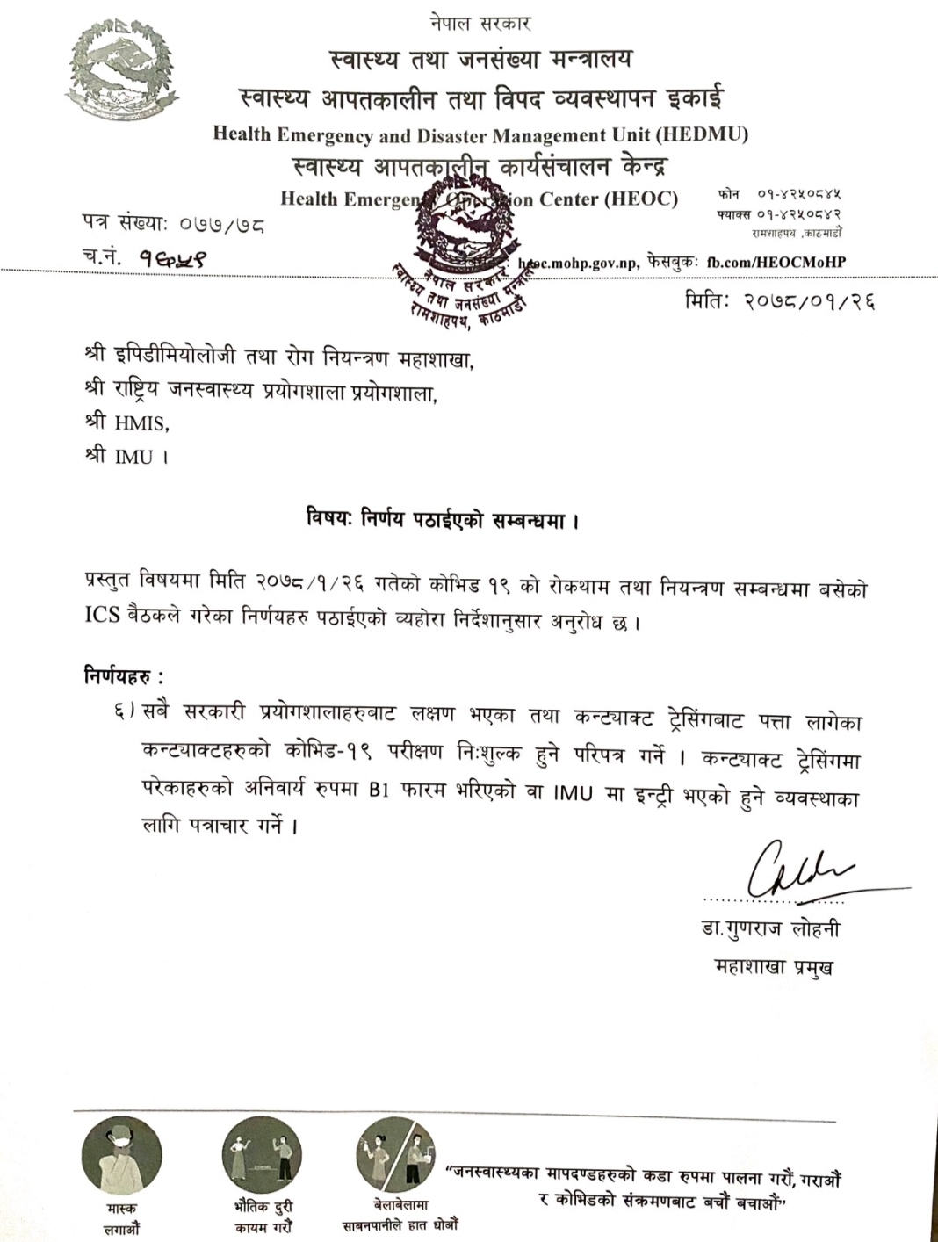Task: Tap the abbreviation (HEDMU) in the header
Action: (703, 134)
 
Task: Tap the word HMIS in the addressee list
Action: (141, 422)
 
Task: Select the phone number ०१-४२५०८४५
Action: (796, 194)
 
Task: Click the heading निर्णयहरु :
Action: (124, 676)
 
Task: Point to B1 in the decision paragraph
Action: (379, 790)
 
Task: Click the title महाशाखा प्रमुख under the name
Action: (774, 967)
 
